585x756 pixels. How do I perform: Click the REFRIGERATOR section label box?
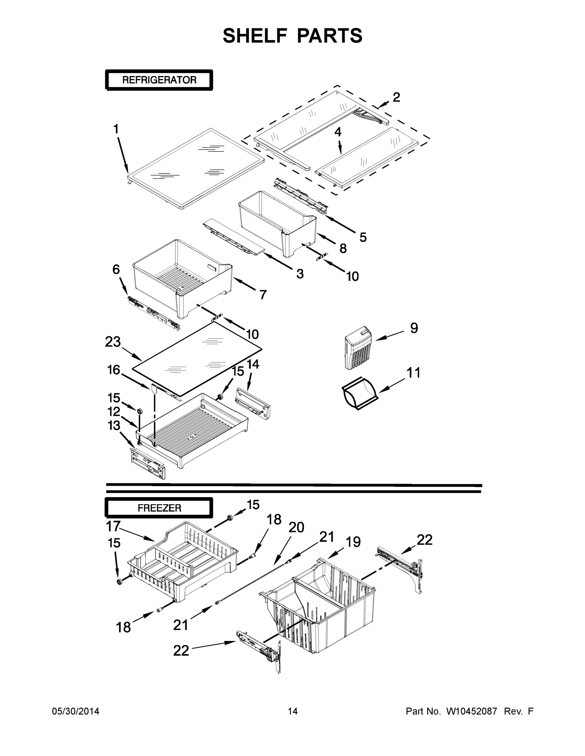coord(159,80)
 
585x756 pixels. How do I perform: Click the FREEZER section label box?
coord(159,508)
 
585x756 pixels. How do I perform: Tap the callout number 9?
coord(414,328)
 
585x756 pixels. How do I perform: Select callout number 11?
coord(413,372)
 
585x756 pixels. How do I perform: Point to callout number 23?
coord(113,342)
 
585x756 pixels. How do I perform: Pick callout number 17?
coord(113,526)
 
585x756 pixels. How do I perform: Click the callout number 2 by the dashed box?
coord(396,97)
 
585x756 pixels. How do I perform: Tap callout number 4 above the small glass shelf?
coord(337,132)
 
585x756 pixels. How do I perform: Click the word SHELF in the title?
coord(255,36)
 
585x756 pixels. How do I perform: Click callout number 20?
coord(296,528)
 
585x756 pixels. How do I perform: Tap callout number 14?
coord(253,364)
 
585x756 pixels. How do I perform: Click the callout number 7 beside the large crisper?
coord(263,295)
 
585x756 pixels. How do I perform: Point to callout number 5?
coord(362,237)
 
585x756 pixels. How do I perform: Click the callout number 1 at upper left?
coord(116,129)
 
